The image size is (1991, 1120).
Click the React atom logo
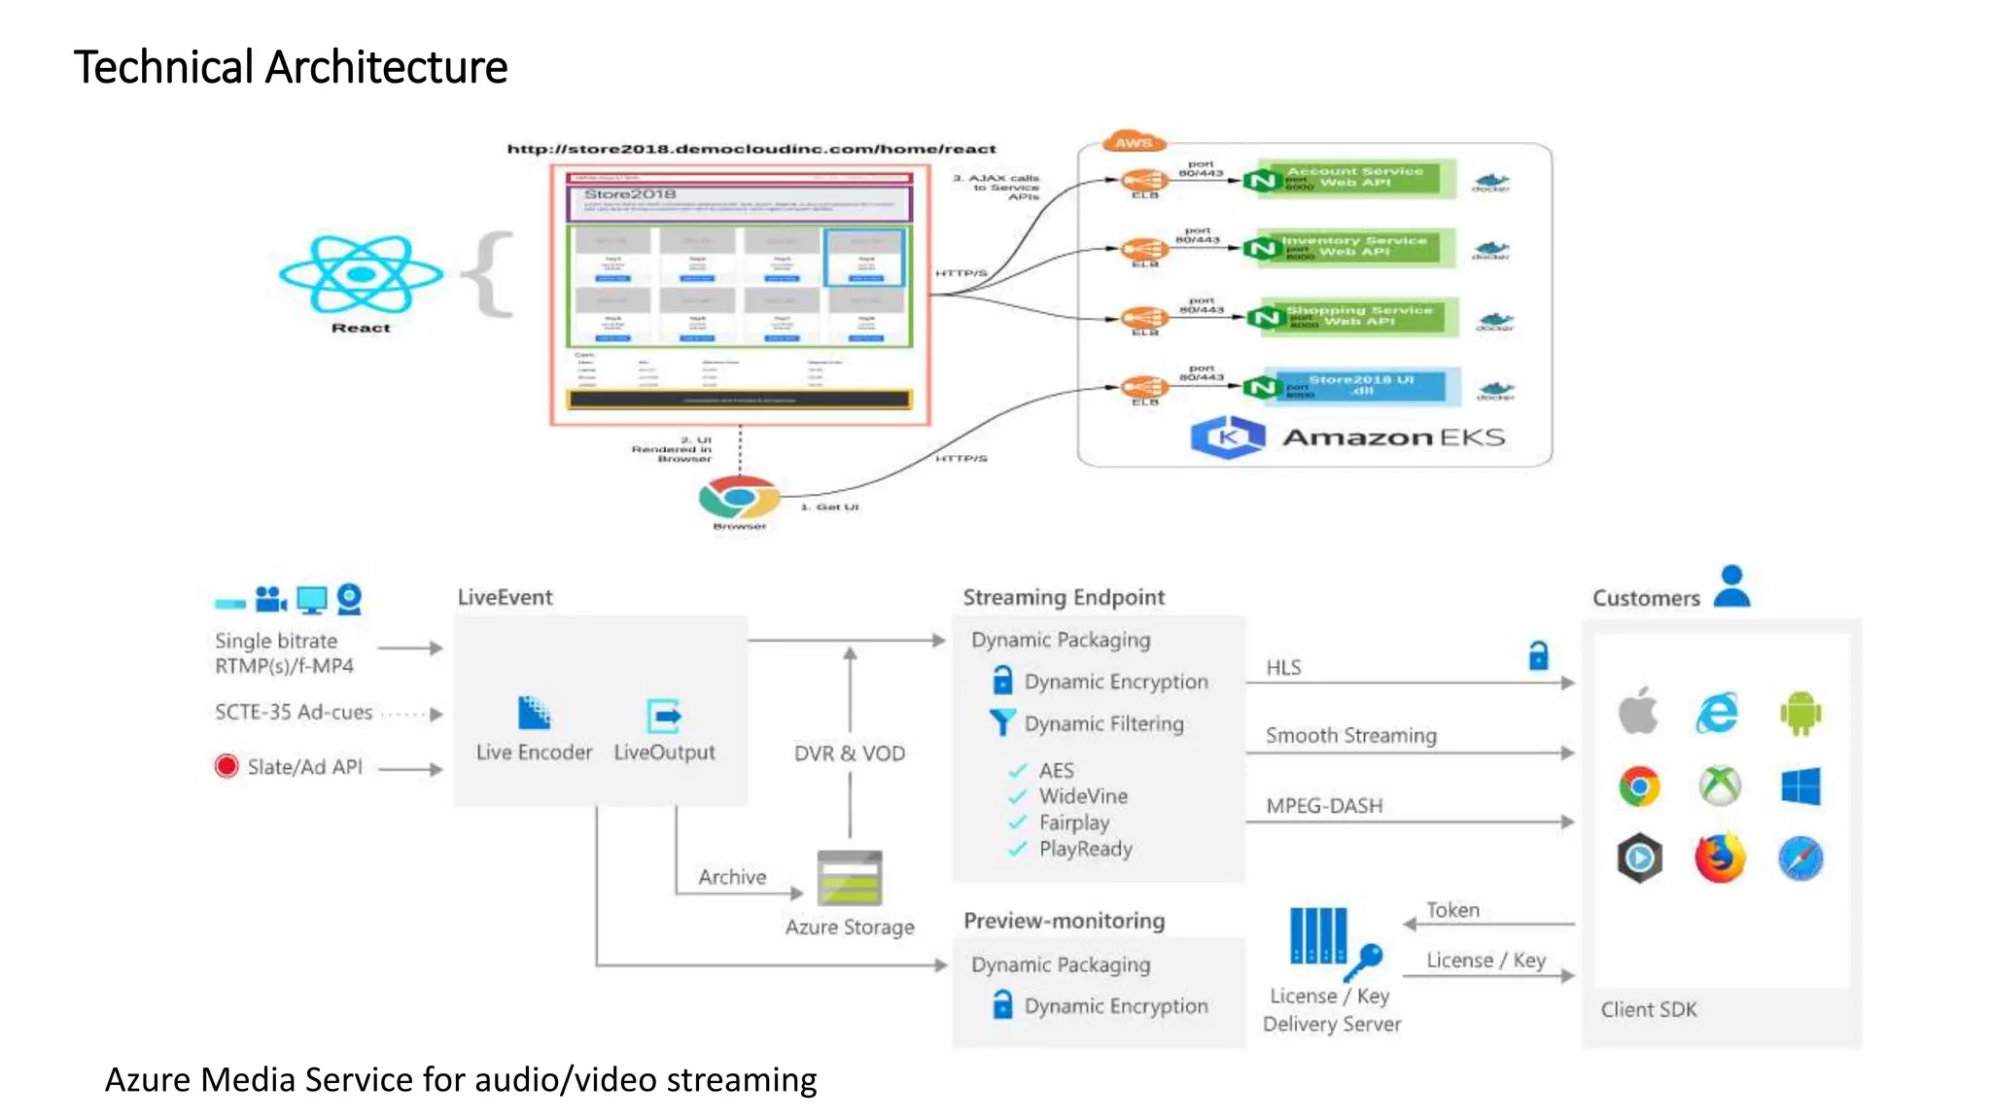(361, 274)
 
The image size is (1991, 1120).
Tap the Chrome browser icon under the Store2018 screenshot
(739, 497)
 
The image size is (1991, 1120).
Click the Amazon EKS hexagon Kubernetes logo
(1228, 437)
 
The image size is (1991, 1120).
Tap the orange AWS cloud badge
(1134, 142)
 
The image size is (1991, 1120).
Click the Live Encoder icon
(534, 714)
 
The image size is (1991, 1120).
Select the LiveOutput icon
(664, 716)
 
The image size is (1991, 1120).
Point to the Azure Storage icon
(850, 877)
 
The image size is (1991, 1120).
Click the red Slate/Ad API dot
(227, 766)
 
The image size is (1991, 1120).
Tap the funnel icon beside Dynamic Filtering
(1001, 722)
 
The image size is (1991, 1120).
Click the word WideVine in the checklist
(1083, 796)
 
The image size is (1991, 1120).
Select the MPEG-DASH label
(1324, 806)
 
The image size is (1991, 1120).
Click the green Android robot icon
(1800, 714)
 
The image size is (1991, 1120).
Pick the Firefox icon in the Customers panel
(1720, 858)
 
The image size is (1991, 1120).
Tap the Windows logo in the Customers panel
(1800, 787)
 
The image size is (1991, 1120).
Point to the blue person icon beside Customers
(1731, 587)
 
